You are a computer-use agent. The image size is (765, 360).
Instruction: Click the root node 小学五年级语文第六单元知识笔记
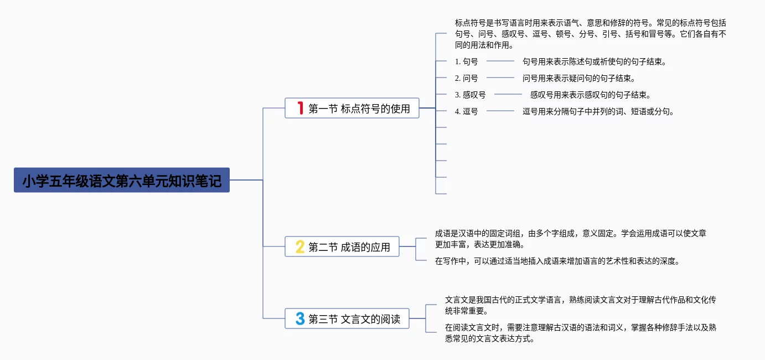pyautogui.click(x=121, y=180)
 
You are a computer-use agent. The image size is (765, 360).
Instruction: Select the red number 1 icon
pyautogui.click(x=300, y=108)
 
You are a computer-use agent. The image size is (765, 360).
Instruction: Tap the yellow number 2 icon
pyautogui.click(x=300, y=246)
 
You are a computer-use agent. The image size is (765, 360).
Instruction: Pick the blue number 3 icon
pyautogui.click(x=300, y=318)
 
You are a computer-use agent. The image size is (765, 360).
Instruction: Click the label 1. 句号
pyautogui.click(x=466, y=61)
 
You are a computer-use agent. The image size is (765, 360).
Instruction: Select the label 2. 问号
pyautogui.click(x=466, y=78)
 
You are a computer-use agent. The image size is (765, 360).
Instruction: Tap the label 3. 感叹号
pyautogui.click(x=470, y=95)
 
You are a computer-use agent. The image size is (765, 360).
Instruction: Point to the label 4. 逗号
pyautogui.click(x=466, y=111)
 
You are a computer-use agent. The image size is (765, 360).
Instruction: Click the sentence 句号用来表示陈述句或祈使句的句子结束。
pyautogui.click(x=595, y=61)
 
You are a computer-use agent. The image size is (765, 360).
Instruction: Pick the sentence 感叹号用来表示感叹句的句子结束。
pyautogui.click(x=590, y=95)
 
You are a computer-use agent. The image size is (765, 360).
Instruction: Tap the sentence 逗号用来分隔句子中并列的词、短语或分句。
pyautogui.click(x=598, y=111)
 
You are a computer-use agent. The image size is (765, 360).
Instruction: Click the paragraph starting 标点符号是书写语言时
pyautogui.click(x=590, y=34)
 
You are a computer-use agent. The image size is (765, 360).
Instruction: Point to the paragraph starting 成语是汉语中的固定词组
pyautogui.click(x=570, y=239)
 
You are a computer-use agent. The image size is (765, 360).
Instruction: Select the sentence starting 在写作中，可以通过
pyautogui.click(x=557, y=261)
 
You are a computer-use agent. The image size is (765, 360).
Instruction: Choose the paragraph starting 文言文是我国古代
pyautogui.click(x=581, y=305)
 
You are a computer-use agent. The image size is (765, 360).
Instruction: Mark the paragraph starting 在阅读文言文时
pyautogui.click(x=581, y=333)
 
